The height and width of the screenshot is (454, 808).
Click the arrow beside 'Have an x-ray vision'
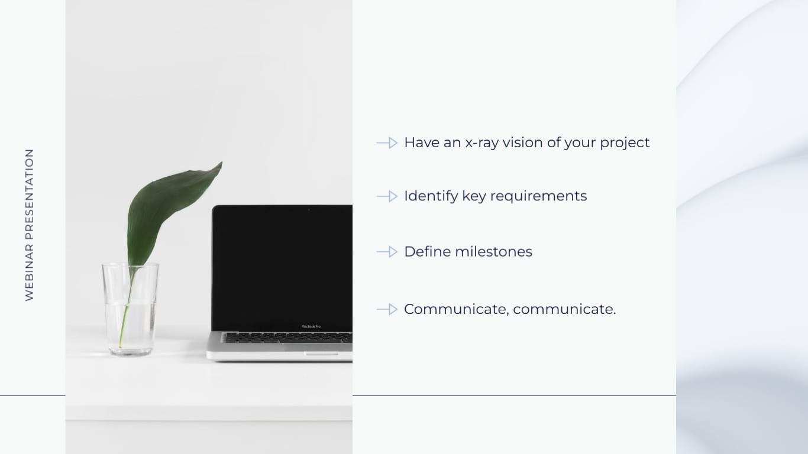(387, 143)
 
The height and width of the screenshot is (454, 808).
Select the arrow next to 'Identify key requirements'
(387, 196)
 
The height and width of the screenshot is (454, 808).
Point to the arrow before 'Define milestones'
(387, 252)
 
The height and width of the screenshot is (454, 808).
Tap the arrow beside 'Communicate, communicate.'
(387, 309)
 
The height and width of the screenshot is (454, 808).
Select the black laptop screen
(282, 266)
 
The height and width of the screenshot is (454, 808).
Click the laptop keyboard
(287, 338)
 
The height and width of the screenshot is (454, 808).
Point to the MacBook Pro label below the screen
(311, 326)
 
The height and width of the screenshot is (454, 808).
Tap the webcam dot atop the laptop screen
(308, 209)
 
